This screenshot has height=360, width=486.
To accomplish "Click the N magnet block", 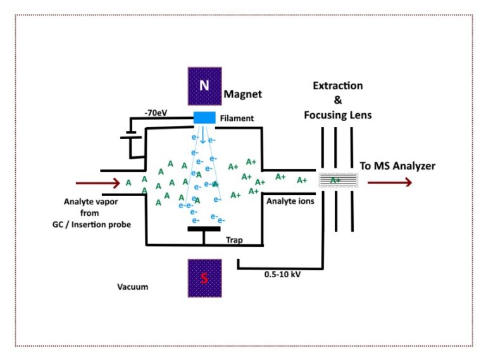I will point(204,85).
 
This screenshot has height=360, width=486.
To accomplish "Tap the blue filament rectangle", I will point(205,118).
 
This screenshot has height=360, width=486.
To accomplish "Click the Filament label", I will point(237,118).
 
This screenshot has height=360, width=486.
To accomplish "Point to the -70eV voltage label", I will point(156,113).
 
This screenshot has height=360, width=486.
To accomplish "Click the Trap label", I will point(235,240).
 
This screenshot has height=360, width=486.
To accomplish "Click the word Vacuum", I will point(133,287).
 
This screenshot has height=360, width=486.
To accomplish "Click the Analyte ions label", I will point(287,201).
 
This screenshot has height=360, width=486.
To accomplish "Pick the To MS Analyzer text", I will point(397,166).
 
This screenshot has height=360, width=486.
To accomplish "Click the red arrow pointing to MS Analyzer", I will point(390,182).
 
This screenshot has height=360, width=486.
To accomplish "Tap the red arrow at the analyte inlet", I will point(97,183).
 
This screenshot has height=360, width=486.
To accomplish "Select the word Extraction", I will point(338,85).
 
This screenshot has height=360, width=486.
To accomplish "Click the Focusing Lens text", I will point(338,115).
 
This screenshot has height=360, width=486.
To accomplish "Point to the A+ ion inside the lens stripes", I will point(336,180).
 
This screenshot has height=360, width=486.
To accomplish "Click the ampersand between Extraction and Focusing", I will point(337,100).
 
